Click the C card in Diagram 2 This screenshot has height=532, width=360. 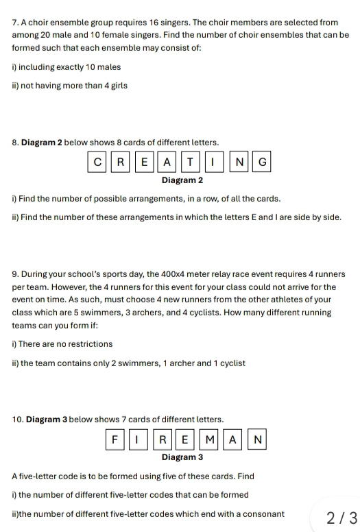[97, 162]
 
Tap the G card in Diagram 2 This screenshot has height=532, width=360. [261, 162]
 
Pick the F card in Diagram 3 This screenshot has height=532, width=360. [116, 438]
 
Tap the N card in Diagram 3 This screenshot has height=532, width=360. [257, 438]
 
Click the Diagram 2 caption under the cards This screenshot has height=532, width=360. [182, 181]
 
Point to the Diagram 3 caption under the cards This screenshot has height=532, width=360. [182, 457]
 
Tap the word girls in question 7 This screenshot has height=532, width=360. [117, 86]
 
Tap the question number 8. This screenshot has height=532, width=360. [15, 143]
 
